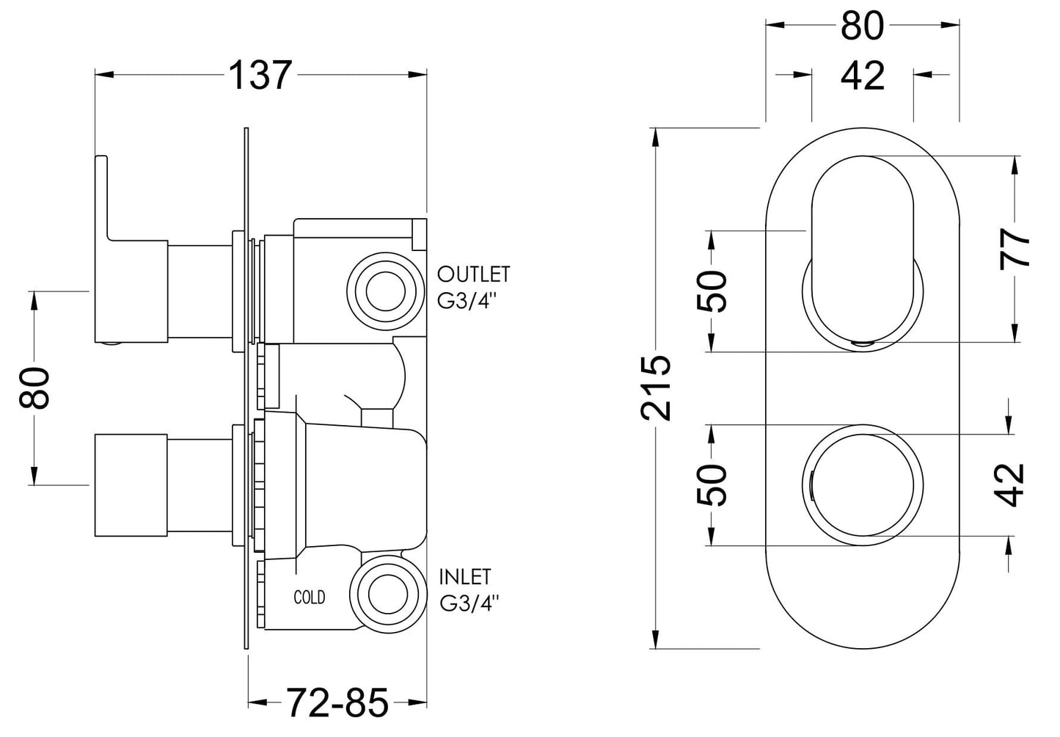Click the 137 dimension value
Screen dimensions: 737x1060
pos(260,75)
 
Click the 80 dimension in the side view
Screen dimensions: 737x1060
pos(34,387)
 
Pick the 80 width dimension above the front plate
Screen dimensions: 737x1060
pos(862,26)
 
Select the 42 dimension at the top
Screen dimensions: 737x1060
pos(863,76)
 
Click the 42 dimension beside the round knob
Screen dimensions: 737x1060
pos(1012,484)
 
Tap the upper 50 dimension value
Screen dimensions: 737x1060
pos(712,291)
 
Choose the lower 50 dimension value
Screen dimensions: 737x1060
pos(712,484)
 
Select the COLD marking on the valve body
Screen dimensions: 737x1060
pos(309,597)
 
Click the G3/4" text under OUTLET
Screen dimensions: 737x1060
pos(467,302)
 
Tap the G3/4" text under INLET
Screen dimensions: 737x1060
pos(469,603)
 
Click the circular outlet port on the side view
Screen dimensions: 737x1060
pos(384,291)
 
